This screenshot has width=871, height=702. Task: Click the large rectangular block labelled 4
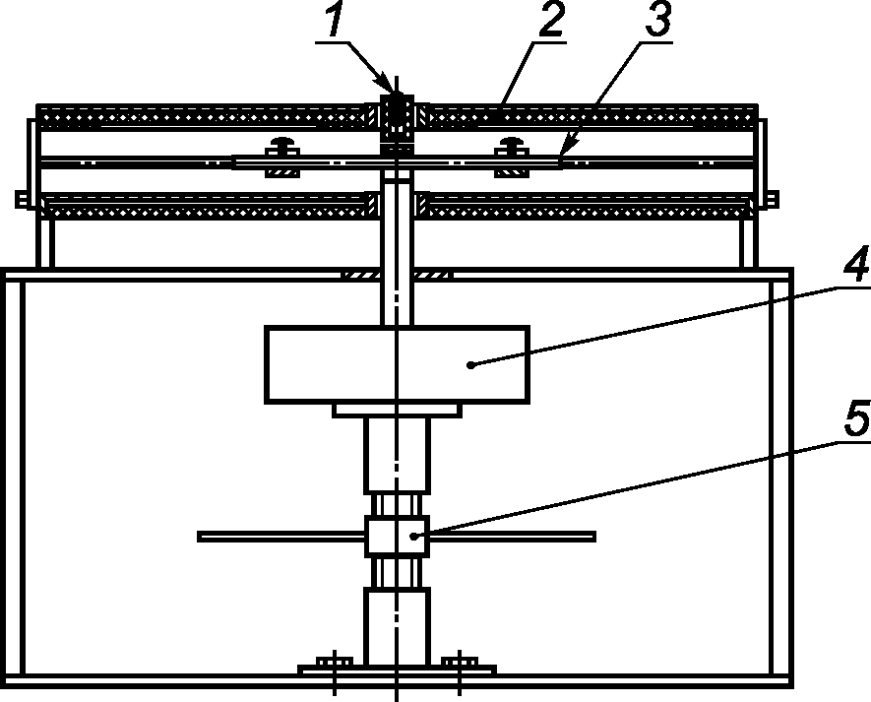point(396,364)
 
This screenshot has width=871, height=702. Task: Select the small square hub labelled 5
point(396,537)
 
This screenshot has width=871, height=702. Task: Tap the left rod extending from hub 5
point(281,537)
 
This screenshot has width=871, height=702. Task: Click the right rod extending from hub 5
point(511,537)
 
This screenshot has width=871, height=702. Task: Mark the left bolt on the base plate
point(335,662)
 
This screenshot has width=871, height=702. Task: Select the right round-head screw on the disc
point(511,146)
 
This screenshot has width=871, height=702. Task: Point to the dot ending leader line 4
point(471,364)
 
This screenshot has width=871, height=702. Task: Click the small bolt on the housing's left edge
point(21,200)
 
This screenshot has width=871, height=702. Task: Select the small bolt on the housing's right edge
point(771,200)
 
